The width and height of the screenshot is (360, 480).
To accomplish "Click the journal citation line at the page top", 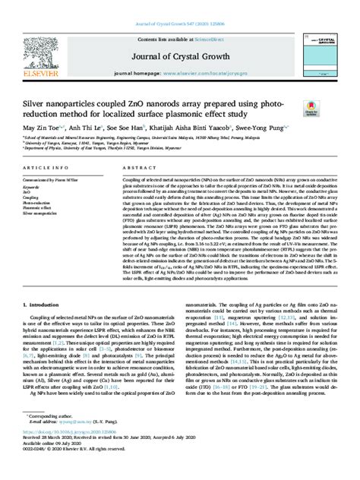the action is click(179, 5).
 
